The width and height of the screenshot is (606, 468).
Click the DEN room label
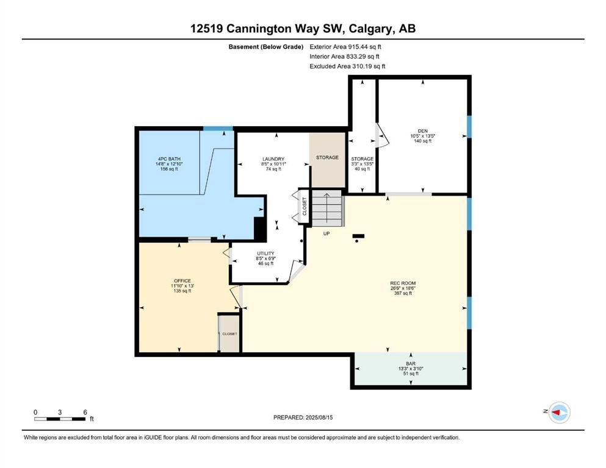422,131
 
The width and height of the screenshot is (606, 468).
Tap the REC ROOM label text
403,283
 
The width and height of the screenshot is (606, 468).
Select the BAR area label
411,364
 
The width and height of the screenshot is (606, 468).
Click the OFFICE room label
182,281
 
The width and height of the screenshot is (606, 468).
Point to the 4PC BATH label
169,159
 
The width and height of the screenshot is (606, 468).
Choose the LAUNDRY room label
273,159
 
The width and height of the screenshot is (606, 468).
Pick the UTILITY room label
265,253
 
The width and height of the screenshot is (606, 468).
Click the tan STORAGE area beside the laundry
327,160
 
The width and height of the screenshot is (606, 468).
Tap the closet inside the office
229,334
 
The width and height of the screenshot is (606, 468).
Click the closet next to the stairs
304,207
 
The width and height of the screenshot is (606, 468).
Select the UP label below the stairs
326,233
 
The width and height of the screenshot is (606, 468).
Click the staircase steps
327,208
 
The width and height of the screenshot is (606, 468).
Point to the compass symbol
559,413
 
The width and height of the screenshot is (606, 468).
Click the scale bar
60,419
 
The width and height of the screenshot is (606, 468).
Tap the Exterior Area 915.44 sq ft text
345,47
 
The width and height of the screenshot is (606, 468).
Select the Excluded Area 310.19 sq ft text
347,66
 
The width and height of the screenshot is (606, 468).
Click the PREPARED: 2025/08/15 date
303,417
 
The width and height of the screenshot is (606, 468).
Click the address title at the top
303,29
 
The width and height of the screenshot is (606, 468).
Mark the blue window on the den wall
469,127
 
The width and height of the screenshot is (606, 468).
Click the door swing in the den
382,135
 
